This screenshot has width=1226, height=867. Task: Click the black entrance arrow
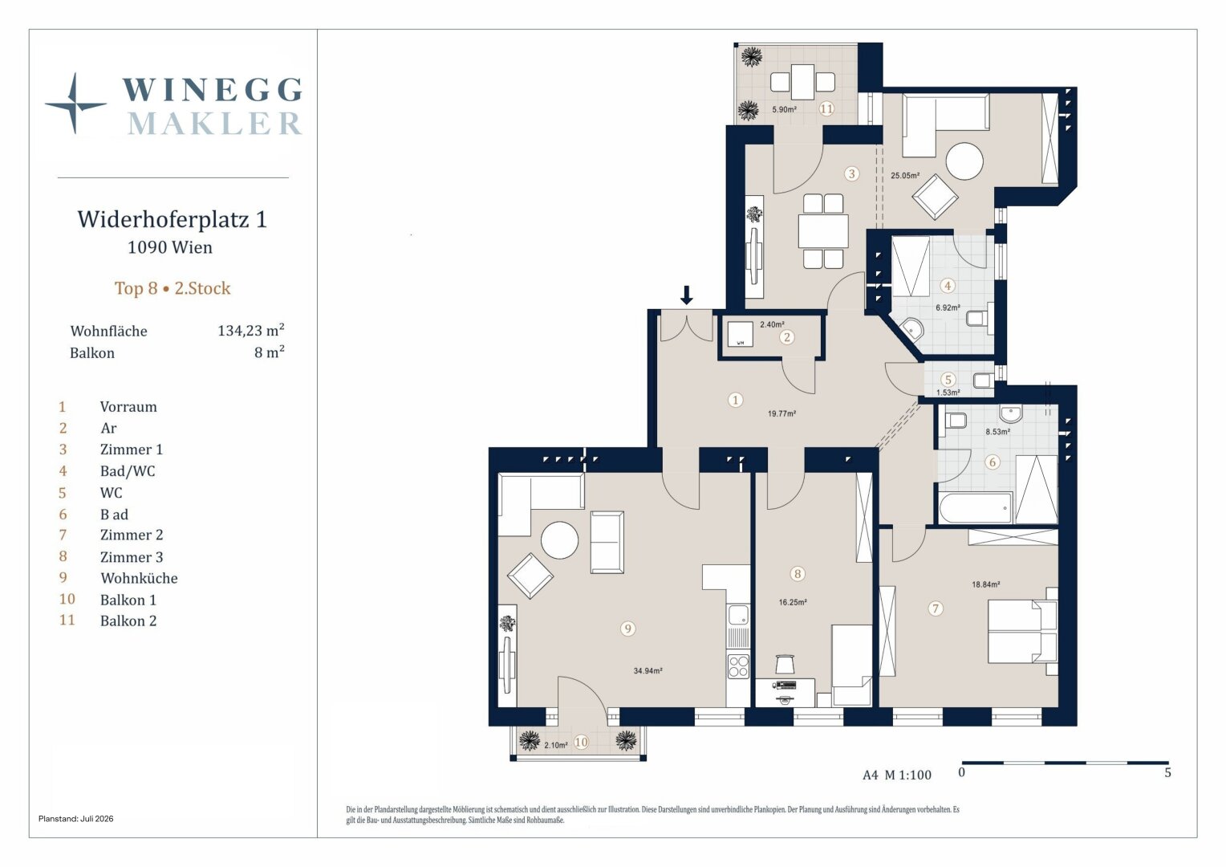tap(686, 295)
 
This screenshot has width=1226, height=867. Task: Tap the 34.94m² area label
tap(648, 671)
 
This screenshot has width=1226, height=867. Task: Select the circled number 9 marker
tap(627, 629)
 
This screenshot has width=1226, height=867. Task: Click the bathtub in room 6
tap(976, 507)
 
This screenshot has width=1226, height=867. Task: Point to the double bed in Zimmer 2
tap(1022, 632)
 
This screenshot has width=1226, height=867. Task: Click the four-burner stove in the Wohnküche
tap(738, 667)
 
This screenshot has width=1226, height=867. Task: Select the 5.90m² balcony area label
tap(784, 109)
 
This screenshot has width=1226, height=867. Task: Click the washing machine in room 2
tap(740, 334)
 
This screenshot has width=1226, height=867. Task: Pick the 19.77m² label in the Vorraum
tap(781, 413)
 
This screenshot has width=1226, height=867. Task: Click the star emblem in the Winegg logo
tap(75, 104)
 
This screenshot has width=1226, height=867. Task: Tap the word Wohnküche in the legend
tap(139, 578)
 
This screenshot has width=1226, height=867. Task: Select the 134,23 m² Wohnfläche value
tap(251, 330)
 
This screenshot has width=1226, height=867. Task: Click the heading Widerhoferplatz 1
tap(172, 219)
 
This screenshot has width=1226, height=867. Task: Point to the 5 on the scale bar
tap(1167, 773)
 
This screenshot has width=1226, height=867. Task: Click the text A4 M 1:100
tap(896, 775)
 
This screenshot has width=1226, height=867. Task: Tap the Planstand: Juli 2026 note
tap(76, 819)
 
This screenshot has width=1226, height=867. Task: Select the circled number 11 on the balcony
tap(826, 108)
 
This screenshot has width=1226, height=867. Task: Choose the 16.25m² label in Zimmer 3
tap(793, 602)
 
